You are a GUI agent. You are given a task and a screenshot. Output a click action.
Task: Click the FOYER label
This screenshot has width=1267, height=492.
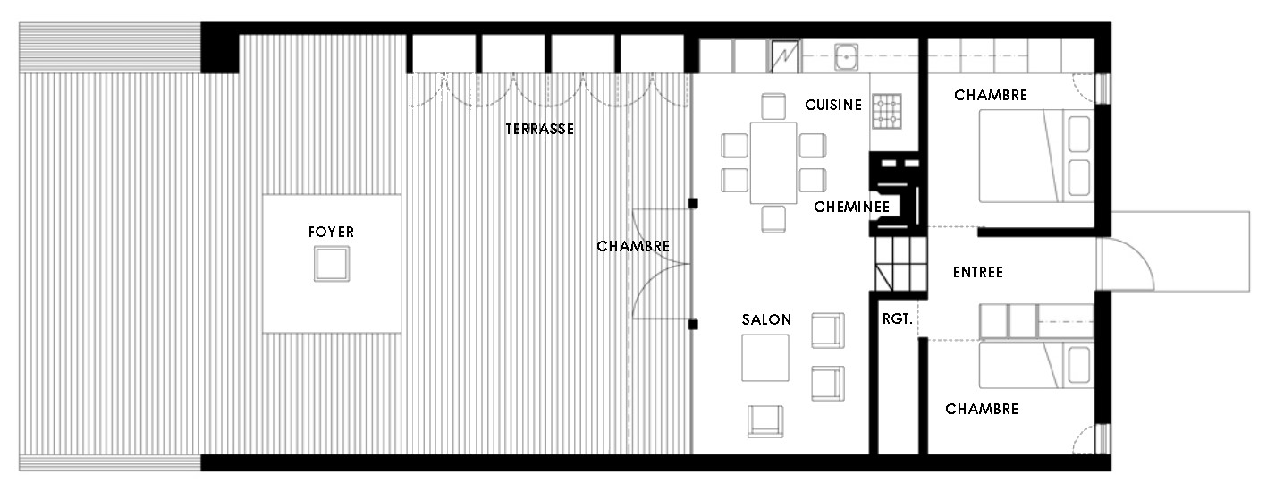[x=332, y=232]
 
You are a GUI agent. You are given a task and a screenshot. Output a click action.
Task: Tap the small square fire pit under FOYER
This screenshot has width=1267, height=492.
[x=332, y=264]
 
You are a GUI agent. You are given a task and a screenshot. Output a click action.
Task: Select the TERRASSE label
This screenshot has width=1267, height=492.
[x=539, y=129]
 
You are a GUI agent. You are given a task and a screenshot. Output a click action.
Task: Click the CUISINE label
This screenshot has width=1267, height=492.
[x=833, y=105]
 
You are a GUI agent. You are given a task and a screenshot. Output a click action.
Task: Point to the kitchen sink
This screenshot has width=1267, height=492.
[x=846, y=56]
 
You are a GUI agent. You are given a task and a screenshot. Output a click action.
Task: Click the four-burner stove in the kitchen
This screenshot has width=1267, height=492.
[x=887, y=112]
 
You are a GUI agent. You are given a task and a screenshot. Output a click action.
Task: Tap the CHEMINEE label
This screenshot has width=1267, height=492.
[x=852, y=208]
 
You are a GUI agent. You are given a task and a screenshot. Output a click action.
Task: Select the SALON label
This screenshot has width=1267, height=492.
[x=766, y=320]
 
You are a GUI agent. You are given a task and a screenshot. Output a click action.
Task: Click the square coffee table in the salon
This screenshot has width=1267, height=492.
[x=765, y=358]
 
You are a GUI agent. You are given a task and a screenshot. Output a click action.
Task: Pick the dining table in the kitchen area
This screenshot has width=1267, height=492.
[x=773, y=163]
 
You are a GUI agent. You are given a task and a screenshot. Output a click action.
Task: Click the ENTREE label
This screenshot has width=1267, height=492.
[x=978, y=272]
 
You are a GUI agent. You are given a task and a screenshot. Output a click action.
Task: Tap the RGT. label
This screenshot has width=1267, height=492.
[x=898, y=319]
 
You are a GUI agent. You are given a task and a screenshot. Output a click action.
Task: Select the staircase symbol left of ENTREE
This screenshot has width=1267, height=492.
[x=901, y=264]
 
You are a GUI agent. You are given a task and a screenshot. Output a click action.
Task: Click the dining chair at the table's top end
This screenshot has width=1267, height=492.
[x=773, y=106]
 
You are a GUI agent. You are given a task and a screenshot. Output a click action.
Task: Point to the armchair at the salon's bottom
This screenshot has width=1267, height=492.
[x=765, y=421]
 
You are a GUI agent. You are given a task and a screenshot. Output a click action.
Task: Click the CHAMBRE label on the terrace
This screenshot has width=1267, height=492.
[x=633, y=246]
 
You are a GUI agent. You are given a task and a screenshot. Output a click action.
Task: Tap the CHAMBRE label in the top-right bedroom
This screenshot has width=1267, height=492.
[x=991, y=95]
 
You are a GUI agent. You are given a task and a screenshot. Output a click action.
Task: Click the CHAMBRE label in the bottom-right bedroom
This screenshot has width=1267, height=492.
[x=982, y=410]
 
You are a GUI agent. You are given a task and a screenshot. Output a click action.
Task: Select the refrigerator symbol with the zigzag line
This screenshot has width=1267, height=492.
[x=785, y=56]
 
